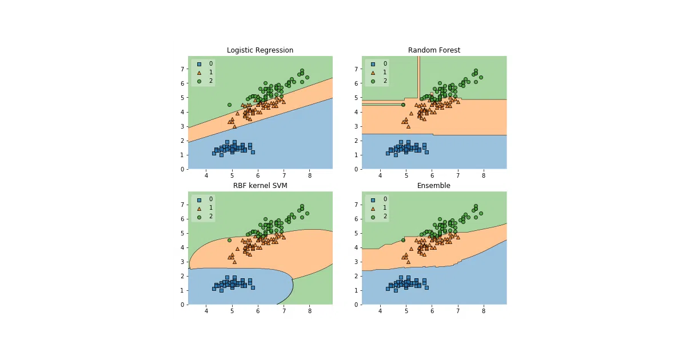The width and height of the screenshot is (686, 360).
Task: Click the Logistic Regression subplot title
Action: [260, 50]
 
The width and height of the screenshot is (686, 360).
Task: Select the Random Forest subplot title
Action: [434, 50]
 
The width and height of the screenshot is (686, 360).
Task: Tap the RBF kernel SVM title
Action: [260, 186]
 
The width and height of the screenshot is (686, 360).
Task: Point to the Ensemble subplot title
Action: [434, 186]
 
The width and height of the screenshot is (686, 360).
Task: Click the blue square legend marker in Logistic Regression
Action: [200, 64]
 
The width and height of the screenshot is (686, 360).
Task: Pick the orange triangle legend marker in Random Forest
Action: [373, 73]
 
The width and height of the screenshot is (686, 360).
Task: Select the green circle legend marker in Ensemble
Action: [373, 217]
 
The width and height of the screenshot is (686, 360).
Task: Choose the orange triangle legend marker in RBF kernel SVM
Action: [200, 209]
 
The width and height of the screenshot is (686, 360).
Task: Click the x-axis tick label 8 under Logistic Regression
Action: [310, 176]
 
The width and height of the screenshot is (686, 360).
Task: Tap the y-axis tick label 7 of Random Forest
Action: [356, 69]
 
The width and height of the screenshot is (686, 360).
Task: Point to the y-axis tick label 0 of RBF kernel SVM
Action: [182, 305]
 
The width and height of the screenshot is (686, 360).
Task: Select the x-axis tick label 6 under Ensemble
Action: [432, 311]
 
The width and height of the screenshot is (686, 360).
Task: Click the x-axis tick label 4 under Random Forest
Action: [380, 176]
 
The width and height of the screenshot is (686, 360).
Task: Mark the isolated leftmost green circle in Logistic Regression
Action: [229, 105]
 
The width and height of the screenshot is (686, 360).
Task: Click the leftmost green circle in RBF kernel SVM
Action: [229, 241]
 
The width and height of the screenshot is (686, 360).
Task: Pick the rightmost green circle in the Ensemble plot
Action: [481, 213]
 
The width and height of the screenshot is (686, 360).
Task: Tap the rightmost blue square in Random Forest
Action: [427, 152]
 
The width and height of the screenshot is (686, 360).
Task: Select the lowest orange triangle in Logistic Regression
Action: [234, 126]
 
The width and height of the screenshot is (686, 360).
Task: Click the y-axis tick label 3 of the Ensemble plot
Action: [356, 262]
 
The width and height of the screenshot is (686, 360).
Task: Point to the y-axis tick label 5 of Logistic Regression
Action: [182, 98]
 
